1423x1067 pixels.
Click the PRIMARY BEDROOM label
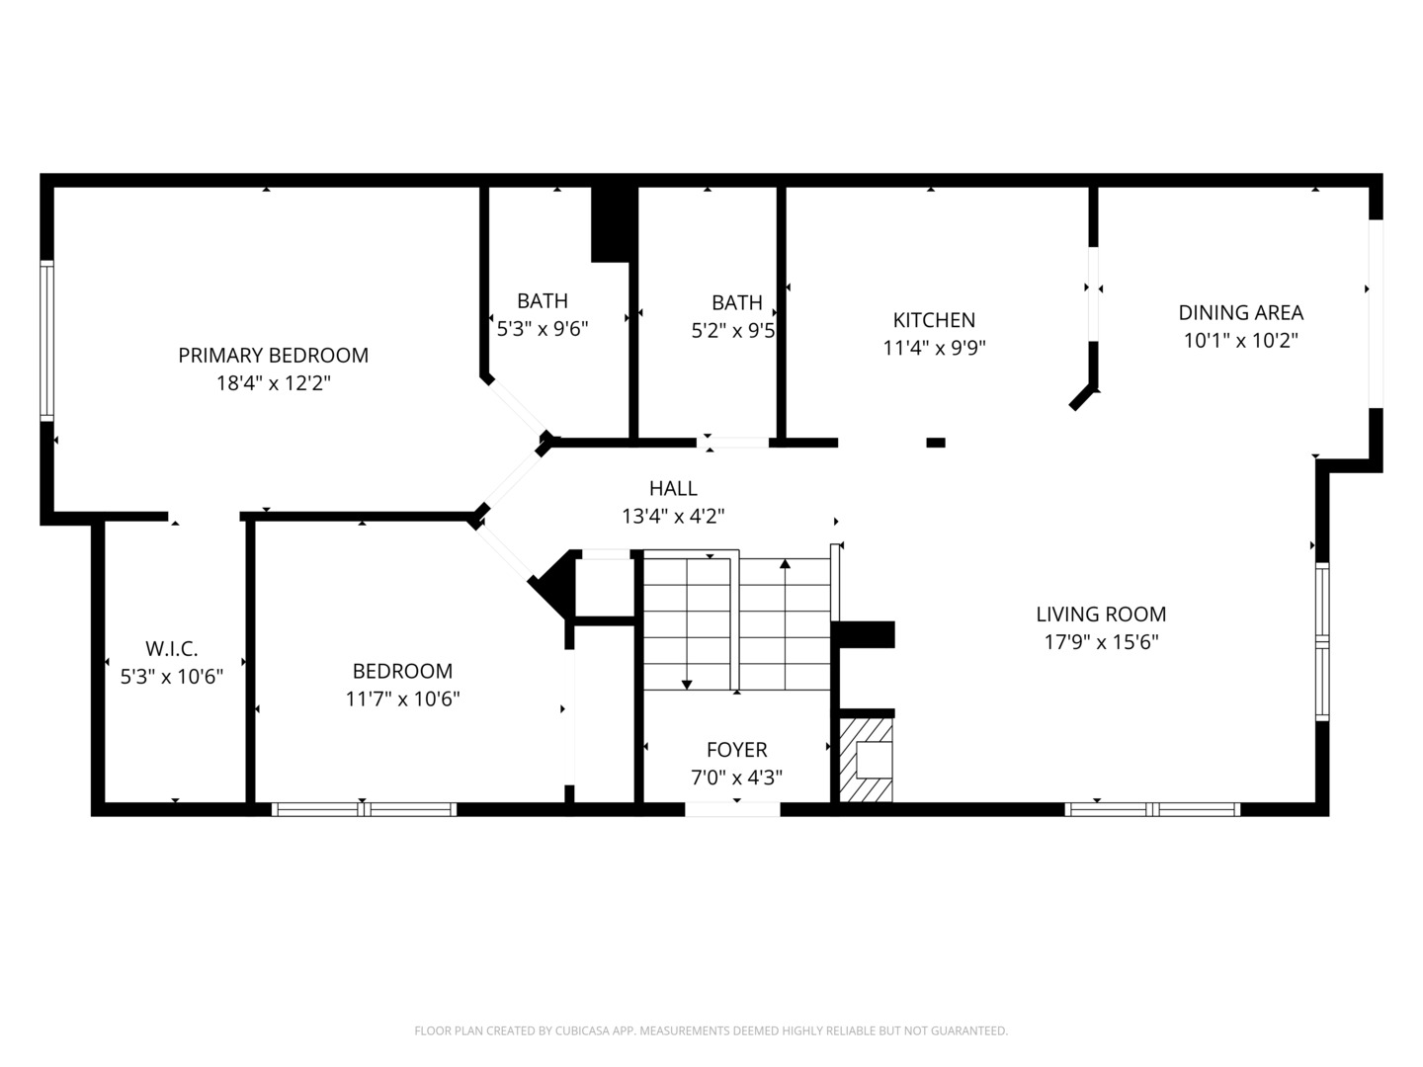click(273, 355)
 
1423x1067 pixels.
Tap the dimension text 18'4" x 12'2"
click(273, 383)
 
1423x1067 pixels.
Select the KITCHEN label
click(934, 320)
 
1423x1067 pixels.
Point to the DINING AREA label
click(1240, 313)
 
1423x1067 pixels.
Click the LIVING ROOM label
click(1101, 614)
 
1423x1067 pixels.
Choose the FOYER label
click(736, 750)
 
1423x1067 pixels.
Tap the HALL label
click(673, 488)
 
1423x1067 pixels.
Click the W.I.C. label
click(171, 648)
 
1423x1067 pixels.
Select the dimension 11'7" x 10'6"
click(402, 699)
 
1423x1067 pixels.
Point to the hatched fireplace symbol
click(866, 760)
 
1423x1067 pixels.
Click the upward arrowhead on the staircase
click(785, 563)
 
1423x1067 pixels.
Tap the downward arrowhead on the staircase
click(687, 685)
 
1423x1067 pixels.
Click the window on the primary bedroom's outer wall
click(46, 341)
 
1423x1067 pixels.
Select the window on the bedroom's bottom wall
click(364, 809)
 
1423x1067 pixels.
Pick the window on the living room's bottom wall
click(1152, 809)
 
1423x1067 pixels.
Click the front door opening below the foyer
click(732, 809)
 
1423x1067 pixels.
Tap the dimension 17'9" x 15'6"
click(1101, 642)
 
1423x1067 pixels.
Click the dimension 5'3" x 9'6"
click(542, 329)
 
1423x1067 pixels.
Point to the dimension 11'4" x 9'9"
click(934, 348)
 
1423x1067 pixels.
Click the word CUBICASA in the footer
click(581, 1030)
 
